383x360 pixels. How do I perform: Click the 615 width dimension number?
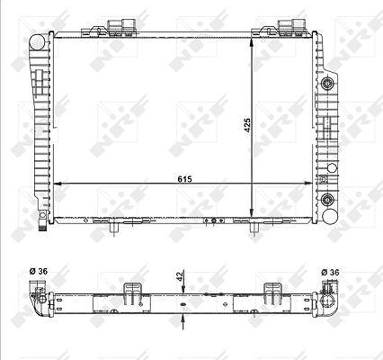(x=184, y=179)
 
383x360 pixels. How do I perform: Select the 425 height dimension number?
(x=247, y=125)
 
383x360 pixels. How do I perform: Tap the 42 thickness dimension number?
(x=180, y=276)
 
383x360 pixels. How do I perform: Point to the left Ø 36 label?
(x=38, y=271)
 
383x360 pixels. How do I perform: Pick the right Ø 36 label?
(x=330, y=272)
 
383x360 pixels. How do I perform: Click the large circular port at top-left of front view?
(x=37, y=42)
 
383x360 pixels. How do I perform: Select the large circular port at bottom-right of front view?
(x=330, y=217)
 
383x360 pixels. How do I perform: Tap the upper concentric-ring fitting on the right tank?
(x=327, y=83)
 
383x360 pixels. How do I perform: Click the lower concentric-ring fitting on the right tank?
(x=327, y=199)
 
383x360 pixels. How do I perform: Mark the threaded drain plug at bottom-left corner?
(x=43, y=225)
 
